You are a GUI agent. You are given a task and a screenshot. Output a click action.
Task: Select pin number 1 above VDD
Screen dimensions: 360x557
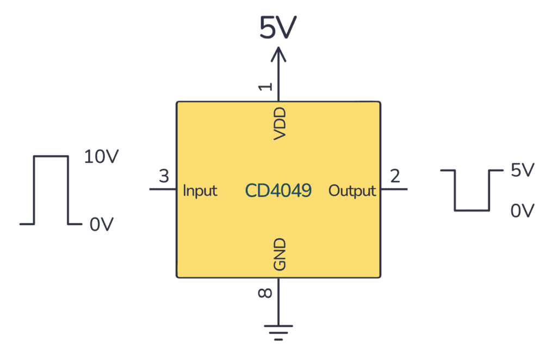coord(265,86)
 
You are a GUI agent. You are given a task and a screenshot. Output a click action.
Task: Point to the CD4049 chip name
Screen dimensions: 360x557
coord(278,190)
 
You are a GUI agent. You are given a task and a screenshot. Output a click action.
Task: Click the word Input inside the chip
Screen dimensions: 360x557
coord(200,190)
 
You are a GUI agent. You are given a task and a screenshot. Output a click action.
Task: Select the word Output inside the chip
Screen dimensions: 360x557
coord(352,190)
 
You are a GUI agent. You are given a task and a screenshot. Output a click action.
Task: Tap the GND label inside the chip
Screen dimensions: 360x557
coord(279,255)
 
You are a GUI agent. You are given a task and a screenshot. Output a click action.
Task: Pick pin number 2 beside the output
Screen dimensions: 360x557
coord(395,176)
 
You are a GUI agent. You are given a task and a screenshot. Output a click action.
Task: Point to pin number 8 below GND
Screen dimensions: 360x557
coord(265,294)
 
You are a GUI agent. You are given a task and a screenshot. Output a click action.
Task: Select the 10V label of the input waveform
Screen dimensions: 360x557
coord(101,157)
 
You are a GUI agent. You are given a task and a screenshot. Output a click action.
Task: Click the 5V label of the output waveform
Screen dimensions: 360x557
coord(523,170)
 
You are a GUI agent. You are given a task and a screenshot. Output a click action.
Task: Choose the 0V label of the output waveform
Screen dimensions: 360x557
coord(523,210)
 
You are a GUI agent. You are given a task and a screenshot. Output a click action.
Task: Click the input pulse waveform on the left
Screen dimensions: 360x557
coord(51,190)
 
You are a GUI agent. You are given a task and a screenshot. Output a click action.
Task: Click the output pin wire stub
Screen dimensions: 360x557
coord(394,189)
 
